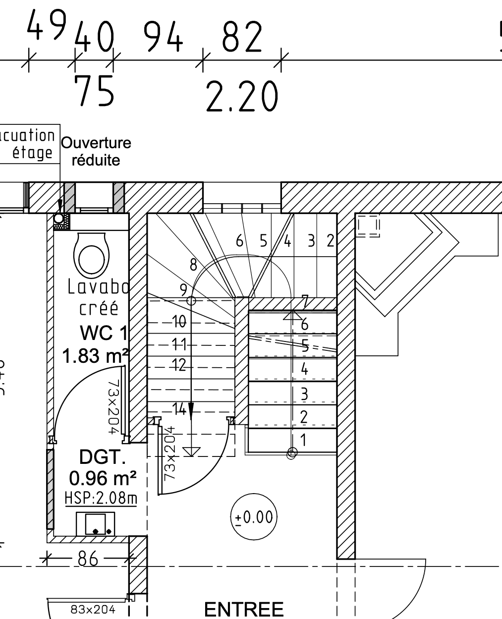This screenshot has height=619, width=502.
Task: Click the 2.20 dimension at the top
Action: pyautogui.click(x=241, y=97)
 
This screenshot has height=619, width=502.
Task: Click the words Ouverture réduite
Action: pyautogui.click(x=96, y=152)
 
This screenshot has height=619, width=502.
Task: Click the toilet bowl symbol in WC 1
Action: pyautogui.click(x=91, y=255)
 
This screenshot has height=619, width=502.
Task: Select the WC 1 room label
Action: pyautogui.click(x=103, y=334)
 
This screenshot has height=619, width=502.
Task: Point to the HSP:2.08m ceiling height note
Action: pyautogui.click(x=101, y=498)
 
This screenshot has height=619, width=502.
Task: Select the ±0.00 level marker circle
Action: pyautogui.click(x=254, y=517)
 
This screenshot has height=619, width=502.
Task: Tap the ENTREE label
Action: pyautogui.click(x=244, y=609)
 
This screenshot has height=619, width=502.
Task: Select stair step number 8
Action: pyautogui.click(x=193, y=265)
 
